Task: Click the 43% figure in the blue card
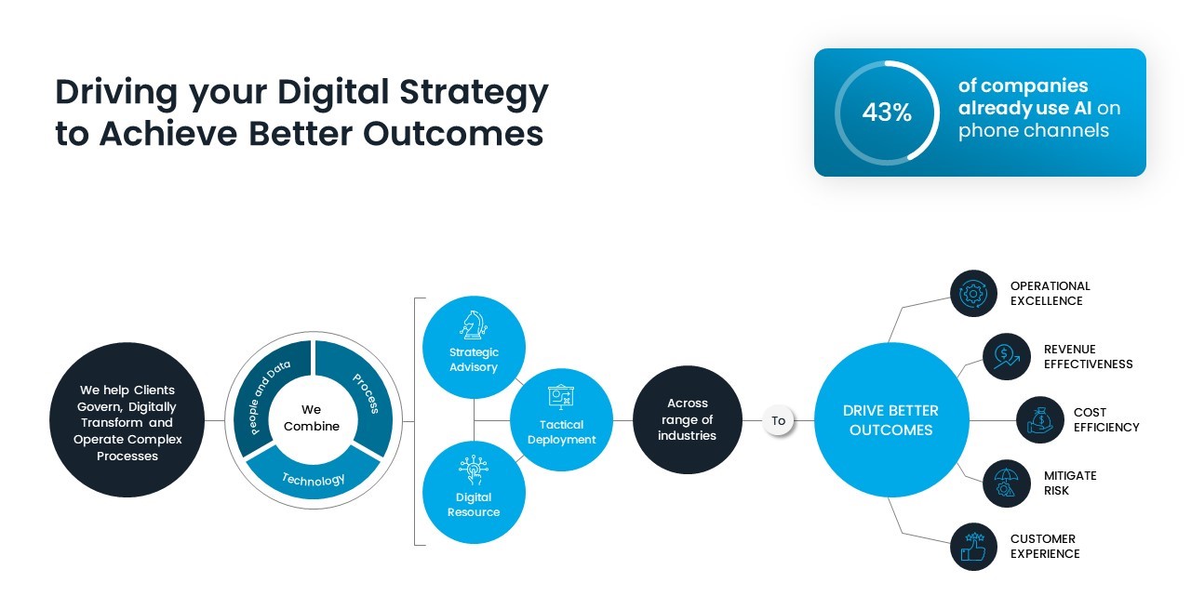[x=886, y=113]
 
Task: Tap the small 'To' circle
[x=779, y=420]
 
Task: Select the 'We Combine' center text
[x=312, y=417]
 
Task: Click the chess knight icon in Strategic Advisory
[x=473, y=325]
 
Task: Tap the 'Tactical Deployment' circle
[x=562, y=420]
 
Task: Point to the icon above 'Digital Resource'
[x=473, y=470]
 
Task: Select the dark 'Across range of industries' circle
[x=688, y=419]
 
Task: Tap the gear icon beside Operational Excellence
[x=973, y=294]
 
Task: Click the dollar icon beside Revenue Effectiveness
[x=1006, y=356]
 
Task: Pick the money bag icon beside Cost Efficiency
[x=1039, y=420]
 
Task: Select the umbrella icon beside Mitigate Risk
[x=1006, y=483]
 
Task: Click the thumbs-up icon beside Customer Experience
[x=973, y=547]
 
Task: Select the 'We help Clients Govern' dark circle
[x=127, y=421]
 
